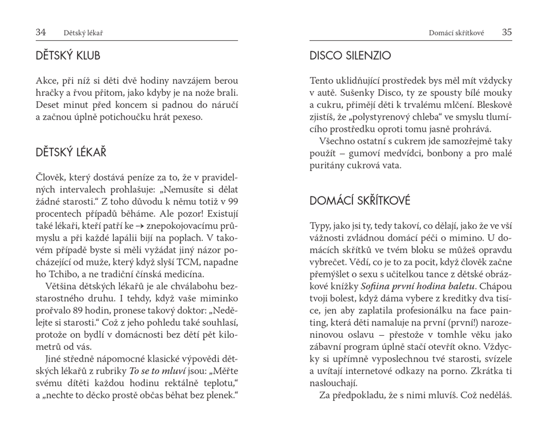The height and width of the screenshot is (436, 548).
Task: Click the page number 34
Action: click(x=41, y=32)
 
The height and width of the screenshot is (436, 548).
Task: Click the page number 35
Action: click(x=507, y=32)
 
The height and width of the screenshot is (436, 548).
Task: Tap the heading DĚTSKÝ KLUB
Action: click(x=68, y=56)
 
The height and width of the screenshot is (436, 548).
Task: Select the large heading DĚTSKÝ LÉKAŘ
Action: click(x=71, y=153)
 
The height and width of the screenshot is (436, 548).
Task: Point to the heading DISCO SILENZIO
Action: click(x=350, y=56)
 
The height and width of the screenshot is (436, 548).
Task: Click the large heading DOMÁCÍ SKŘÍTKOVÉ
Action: click(x=360, y=201)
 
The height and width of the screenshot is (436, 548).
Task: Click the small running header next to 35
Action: click(x=457, y=33)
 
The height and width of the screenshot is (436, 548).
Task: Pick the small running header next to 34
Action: click(x=83, y=33)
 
